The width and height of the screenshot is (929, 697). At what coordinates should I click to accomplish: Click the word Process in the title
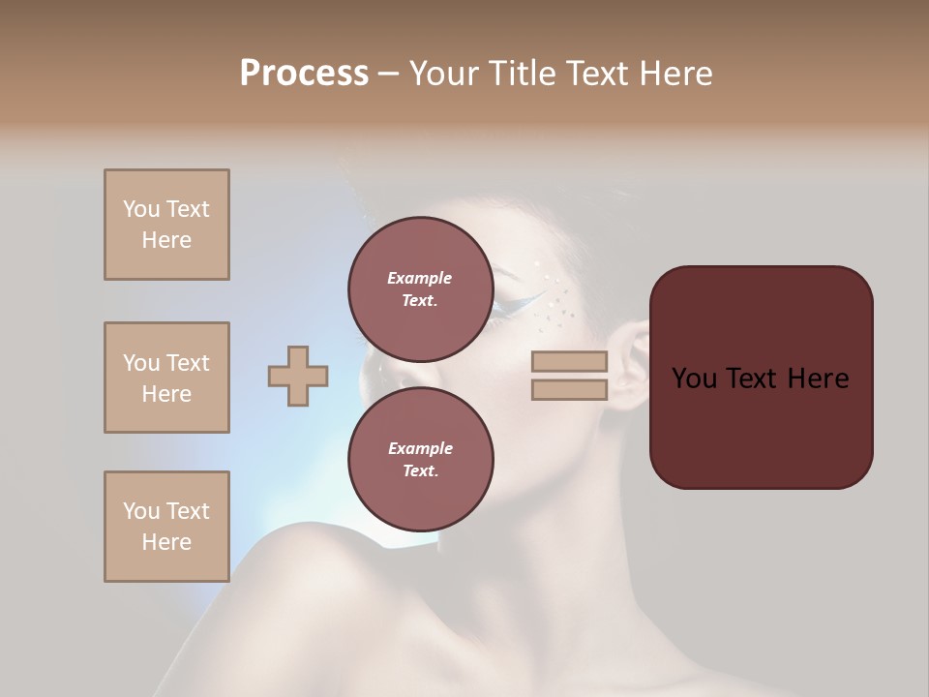[304, 74]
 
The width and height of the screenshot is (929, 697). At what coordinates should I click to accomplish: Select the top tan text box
[166, 225]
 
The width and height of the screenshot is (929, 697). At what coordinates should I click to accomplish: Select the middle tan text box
[166, 378]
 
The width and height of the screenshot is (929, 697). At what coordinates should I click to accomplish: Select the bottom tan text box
[166, 527]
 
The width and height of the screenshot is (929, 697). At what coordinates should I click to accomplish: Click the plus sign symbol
[298, 376]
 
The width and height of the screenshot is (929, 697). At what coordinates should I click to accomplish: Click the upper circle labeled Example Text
[420, 288]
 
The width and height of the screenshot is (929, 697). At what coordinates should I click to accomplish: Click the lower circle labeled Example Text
[420, 459]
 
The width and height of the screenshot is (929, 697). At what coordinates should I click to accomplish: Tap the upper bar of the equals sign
[569, 362]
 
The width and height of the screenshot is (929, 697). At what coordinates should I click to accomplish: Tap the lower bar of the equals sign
[569, 390]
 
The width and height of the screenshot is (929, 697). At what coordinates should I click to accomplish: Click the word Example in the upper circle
[420, 278]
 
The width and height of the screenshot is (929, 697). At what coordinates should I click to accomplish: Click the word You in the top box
[140, 209]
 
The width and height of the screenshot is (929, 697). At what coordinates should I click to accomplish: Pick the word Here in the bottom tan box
[166, 542]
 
